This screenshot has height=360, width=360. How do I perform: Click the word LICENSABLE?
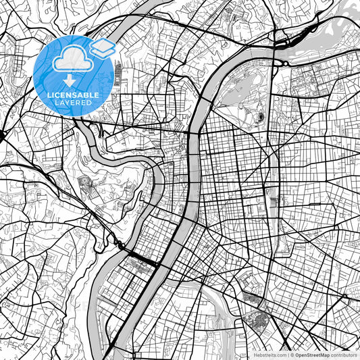coord(72,94)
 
